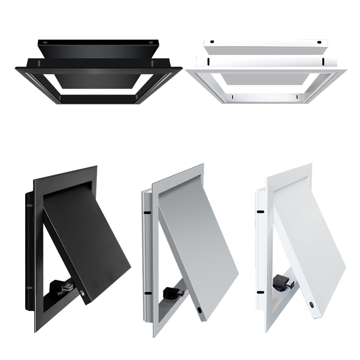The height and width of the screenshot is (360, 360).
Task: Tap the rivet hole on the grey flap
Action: (198, 310)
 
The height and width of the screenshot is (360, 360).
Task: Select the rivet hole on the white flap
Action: (312, 305)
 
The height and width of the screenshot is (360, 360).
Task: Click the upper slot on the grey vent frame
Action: (147, 211)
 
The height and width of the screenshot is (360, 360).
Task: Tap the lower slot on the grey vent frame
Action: (147, 293)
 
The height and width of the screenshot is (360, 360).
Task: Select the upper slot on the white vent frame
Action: (260, 211)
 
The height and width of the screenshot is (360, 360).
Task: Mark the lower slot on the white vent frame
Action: (260, 292)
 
